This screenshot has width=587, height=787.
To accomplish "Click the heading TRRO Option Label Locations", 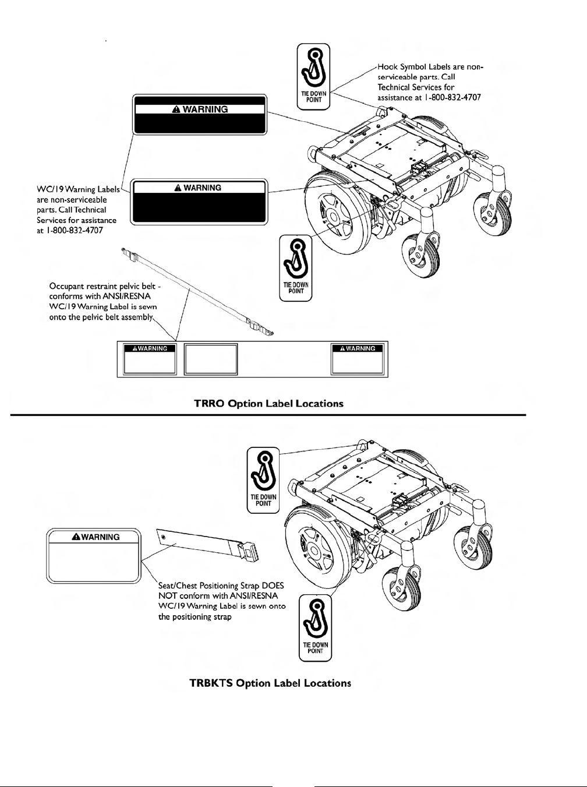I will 268,403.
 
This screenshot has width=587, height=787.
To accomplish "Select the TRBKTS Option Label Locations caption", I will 270,683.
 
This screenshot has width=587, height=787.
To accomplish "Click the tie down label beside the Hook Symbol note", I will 314,76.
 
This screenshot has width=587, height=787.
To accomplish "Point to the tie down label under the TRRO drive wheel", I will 296,268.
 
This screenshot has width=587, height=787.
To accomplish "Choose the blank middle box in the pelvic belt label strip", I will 211,359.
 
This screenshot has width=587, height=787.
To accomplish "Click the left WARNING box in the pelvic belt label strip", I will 150,359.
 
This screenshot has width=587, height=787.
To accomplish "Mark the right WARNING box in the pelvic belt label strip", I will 358,359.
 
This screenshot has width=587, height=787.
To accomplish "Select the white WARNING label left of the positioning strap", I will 94,555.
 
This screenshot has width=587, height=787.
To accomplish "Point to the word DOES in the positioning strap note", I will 271,585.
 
